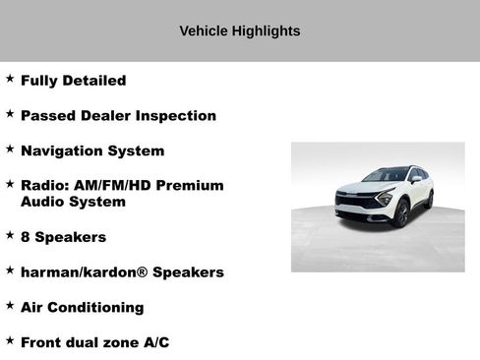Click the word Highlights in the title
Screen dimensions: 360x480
click(266, 31)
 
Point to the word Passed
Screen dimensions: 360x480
click(45, 116)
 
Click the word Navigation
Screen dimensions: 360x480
click(61, 151)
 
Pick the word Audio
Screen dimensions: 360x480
click(42, 202)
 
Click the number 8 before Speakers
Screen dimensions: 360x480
click(26, 237)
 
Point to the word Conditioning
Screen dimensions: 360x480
click(96, 307)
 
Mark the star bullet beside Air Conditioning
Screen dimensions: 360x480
click(10, 305)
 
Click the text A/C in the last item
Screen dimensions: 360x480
click(153, 342)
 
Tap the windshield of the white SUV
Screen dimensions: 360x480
click(386, 176)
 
